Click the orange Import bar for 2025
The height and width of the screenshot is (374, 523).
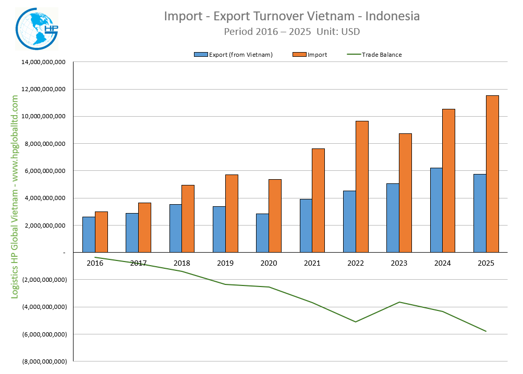click(492, 174)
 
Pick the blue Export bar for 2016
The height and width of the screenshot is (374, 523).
click(89, 234)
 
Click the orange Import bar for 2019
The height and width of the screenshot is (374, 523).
click(232, 214)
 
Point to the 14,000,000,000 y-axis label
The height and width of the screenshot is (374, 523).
click(43, 62)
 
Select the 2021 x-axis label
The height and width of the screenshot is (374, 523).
click(312, 264)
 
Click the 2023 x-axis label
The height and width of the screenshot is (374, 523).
click(399, 264)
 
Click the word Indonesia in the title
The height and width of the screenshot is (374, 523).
click(393, 16)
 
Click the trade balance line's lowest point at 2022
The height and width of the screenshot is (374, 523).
click(356, 321)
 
